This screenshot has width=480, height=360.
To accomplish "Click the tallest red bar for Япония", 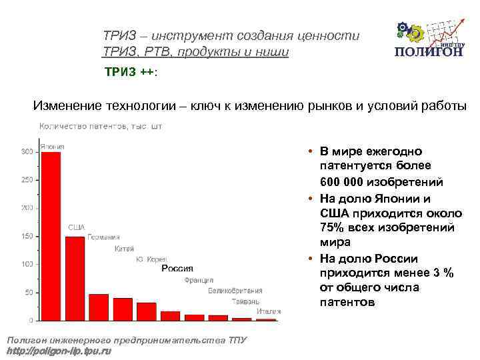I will click(51, 237).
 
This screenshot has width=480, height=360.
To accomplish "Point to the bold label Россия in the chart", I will click(177, 269).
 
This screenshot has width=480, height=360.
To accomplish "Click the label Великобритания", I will click(235, 291).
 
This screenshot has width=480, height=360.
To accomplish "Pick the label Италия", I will click(268, 311).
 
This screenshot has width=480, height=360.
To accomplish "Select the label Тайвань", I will click(246, 301).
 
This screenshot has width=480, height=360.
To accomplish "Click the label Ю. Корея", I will click(151, 259).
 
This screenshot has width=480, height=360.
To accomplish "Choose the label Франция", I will click(199, 280).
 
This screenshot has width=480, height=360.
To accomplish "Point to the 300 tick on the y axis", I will click(27, 152).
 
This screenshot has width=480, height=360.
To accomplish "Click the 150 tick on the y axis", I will click(27, 237).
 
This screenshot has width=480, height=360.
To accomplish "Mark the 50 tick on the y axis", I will click(29, 293).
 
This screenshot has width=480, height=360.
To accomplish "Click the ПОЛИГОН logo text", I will click(429, 53).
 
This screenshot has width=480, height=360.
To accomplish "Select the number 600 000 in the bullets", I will click(347, 182).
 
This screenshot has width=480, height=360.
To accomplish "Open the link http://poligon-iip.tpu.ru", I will click(59, 351).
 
